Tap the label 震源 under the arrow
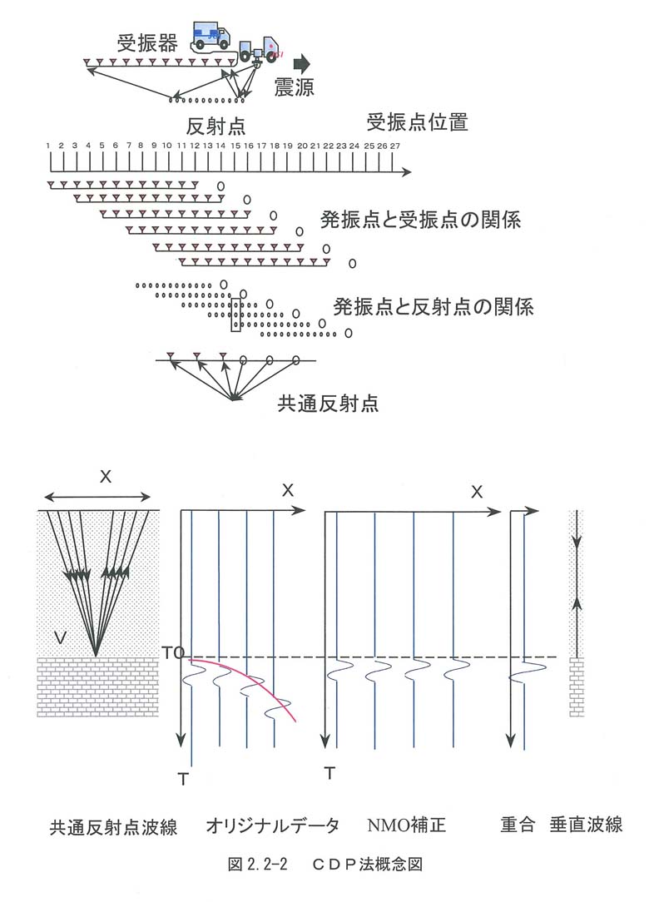coord(294,87)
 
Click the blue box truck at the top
coord(211,37)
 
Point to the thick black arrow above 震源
coord(301,63)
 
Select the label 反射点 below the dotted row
coord(216,126)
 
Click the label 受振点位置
coord(418,122)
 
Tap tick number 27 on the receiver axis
coord(394,146)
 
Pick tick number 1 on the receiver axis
coord(48,146)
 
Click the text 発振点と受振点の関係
coord(420,220)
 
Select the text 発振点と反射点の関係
coord(434,306)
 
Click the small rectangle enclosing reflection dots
coord(235,315)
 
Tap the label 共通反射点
coord(328,404)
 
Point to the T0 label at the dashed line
coord(173,653)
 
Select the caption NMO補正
coord(407,825)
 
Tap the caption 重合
coord(517,825)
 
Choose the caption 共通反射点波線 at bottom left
coord(113,827)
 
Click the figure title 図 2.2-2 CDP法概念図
coord(325,864)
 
